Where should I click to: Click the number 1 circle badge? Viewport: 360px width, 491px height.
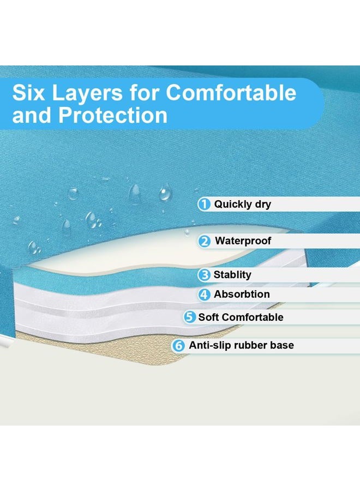point(204,205)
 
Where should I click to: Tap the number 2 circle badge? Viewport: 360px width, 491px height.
point(205,241)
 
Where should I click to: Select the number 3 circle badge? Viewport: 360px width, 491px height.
point(204,275)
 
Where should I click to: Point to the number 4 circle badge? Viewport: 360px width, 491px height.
point(204,295)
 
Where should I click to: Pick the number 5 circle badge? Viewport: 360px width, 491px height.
point(189,317)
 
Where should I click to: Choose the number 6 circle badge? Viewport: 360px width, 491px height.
point(178,346)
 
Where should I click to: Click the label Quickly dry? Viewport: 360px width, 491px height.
point(242,205)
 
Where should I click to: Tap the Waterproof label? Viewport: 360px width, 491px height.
point(243,241)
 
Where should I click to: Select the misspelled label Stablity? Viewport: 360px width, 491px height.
point(232,275)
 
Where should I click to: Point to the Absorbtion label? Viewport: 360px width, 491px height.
point(242,294)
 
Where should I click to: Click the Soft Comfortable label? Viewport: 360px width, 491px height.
point(241,317)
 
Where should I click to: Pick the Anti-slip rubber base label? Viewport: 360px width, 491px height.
point(241,345)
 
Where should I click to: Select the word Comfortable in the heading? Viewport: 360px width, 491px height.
point(231,92)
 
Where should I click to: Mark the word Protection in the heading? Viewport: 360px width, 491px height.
point(113,115)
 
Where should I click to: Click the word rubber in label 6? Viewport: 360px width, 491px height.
point(248,345)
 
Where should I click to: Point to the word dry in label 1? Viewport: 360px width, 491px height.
point(263,205)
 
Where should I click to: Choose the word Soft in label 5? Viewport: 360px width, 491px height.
point(209,317)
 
